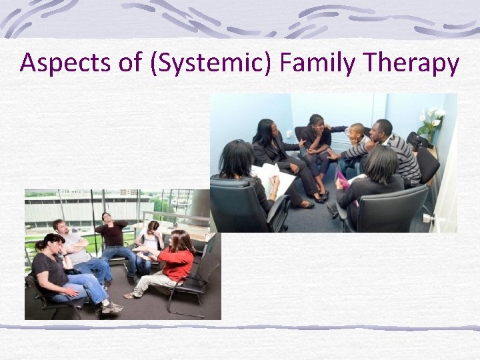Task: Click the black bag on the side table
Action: (x=417, y=141)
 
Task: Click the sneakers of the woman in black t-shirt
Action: (x=111, y=307)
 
